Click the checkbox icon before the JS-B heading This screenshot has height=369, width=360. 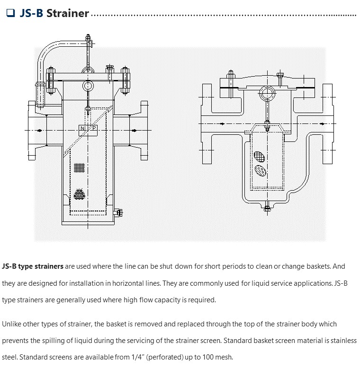click(x=10, y=13)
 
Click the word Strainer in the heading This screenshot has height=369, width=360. click(x=67, y=13)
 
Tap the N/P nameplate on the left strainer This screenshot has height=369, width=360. click(x=88, y=128)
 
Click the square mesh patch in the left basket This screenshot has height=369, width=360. click(x=80, y=167)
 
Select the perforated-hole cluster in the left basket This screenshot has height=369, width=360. click(x=80, y=194)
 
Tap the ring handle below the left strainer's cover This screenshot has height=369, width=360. click(x=88, y=86)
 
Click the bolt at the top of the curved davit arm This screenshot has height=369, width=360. click(x=88, y=37)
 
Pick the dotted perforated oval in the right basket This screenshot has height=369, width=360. click(x=260, y=170)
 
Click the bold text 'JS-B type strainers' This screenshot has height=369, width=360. click(x=33, y=266)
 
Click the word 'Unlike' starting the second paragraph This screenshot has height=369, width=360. click(x=11, y=324)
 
